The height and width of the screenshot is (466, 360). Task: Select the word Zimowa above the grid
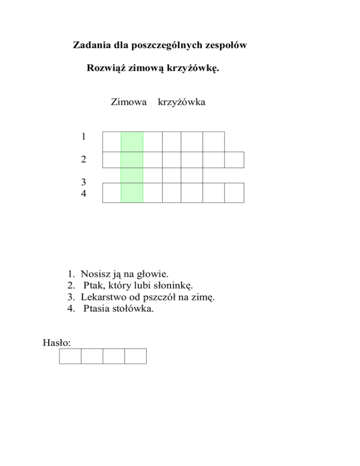pos(128,102)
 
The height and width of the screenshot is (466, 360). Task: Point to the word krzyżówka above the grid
pos(182,102)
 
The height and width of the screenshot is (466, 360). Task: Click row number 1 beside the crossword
pos(83,137)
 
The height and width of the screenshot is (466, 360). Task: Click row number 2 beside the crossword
pos(83,160)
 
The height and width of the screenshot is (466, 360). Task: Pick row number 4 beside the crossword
pos(83,193)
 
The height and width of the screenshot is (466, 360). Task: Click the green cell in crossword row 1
pos(132,142)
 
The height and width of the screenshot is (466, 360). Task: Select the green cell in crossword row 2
pos(132,160)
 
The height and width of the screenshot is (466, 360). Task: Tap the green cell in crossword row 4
pos(132,193)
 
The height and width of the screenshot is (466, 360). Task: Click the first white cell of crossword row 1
pos(112,142)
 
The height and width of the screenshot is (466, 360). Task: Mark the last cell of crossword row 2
pos(234,160)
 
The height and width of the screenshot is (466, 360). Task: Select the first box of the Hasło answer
pos(70,356)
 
